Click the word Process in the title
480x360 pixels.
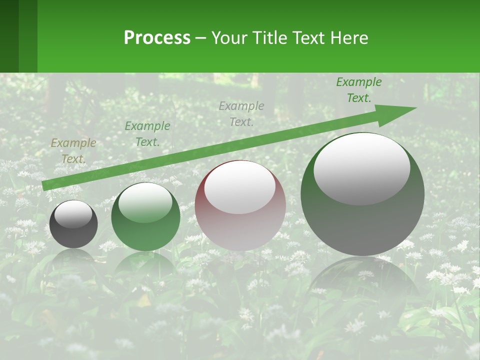click(157, 38)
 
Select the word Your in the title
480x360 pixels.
click(229, 38)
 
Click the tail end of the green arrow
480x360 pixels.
click(46, 185)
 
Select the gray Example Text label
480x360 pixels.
click(241, 113)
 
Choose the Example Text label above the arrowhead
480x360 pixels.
click(358, 90)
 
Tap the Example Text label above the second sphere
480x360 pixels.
click(147, 134)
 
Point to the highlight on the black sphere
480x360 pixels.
click(73, 214)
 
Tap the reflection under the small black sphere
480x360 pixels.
click(73, 260)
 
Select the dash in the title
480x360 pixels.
click(200, 38)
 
